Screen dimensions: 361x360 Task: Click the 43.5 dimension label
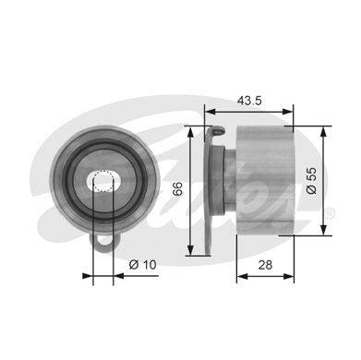tap(249, 101)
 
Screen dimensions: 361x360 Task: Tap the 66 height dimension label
tap(177, 189)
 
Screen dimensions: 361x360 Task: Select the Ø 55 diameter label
tap(311, 180)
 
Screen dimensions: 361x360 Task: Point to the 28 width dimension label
tap(265, 265)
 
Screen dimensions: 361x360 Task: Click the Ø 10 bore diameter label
tap(143, 264)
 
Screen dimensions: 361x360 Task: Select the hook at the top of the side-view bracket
tap(218, 131)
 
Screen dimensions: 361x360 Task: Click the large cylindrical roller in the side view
tap(265, 181)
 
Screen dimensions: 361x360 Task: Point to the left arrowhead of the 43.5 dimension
tap(210, 112)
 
